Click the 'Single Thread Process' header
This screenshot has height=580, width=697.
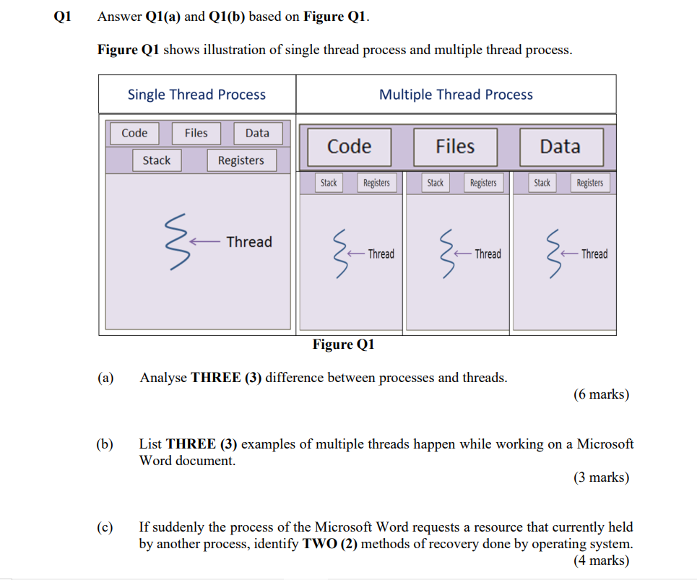tap(196, 95)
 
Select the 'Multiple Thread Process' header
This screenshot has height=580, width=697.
tap(456, 95)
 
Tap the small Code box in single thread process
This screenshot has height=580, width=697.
tap(134, 133)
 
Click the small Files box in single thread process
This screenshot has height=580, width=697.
tap(196, 133)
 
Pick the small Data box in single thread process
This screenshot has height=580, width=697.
tap(257, 133)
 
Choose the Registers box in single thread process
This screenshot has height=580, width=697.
tap(241, 160)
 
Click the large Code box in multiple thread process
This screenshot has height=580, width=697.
tap(349, 147)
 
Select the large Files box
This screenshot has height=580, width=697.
tap(455, 147)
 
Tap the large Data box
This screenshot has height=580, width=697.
tap(560, 147)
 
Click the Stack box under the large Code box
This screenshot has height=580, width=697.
tap(329, 183)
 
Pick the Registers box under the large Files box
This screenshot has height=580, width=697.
tap(483, 183)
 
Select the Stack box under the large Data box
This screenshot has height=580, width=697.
tap(542, 183)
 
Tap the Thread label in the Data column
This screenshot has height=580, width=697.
tap(594, 254)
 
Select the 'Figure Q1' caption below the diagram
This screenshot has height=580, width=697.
tap(343, 345)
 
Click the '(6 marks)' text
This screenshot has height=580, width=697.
tap(601, 394)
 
